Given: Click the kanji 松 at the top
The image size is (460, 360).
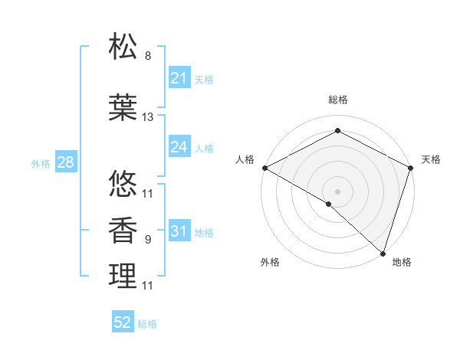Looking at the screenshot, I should tap(123, 47).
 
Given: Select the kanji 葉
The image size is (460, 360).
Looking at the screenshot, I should tap(123, 108).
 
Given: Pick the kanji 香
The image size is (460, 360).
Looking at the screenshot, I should tap(123, 231).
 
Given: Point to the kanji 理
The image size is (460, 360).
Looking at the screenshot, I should tap(123, 277).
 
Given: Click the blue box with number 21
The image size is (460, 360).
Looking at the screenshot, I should tap(179, 78).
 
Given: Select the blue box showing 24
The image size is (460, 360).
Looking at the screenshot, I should tap(179, 147).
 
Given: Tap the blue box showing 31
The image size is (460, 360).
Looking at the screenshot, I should tap(179, 232).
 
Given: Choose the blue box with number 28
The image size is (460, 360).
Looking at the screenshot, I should tap(65, 162).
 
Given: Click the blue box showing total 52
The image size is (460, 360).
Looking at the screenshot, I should tap(123, 322).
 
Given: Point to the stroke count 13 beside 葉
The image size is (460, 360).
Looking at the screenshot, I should tap(148, 117).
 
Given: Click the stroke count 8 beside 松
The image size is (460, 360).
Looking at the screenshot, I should tap(148, 56).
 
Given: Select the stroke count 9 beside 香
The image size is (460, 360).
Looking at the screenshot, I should tap(148, 240).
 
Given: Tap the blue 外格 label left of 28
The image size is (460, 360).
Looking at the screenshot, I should tap(41, 163).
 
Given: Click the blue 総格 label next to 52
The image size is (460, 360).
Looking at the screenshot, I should tap(147, 324).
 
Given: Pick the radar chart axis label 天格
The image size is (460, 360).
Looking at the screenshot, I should tap(431, 159).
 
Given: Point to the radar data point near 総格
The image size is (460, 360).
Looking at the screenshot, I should tap(337, 131).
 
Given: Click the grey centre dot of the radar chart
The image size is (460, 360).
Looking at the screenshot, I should tap(337, 191).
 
